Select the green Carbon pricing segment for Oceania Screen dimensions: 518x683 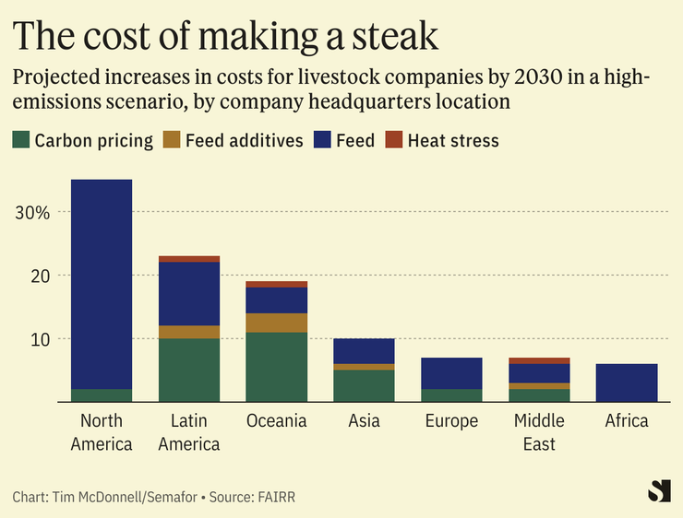coord(277,367)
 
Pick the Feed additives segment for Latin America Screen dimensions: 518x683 coord(189,332)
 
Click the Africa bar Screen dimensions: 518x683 coord(627,383)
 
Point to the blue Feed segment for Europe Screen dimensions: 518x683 coord(452,373)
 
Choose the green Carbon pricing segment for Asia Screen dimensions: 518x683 coord(365,386)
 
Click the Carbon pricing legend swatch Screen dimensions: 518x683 coord(21,140)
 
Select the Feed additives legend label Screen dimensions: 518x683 coord(244,140)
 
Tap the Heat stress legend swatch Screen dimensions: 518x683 coord(393,140)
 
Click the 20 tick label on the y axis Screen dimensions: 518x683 coord(36,276)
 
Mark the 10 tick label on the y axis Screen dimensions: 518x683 coord(36,339)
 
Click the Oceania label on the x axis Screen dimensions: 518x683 coord(277,421)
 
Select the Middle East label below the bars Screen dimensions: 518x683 coord(541,432)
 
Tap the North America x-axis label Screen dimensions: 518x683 coord(102,432)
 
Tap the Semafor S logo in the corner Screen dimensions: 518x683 coord(658,490)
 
